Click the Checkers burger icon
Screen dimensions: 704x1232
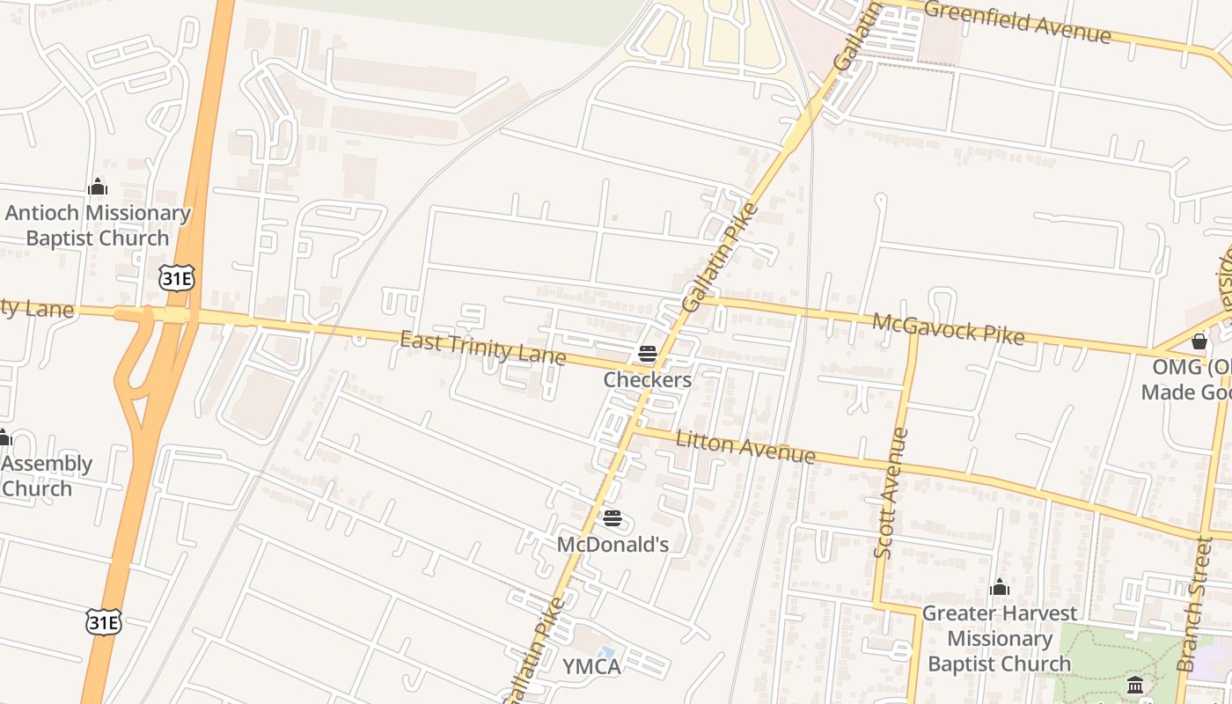648,354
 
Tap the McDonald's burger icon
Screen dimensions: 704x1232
612,519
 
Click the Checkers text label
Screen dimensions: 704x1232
648,380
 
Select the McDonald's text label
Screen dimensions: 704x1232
612,545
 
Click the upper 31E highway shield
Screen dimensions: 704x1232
177,279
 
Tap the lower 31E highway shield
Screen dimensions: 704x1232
103,622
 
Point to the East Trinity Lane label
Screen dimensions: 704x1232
482,348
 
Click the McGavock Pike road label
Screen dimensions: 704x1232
948,329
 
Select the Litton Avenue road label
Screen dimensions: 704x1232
745,447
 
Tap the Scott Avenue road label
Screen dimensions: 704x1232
891,492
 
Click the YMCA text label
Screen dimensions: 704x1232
591,666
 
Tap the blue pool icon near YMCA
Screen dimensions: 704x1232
605,653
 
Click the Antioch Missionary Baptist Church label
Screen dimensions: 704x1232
98,225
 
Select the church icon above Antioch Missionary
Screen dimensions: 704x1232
98,187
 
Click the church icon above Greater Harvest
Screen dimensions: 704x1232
999,587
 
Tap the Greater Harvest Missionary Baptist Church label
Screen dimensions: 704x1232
999,638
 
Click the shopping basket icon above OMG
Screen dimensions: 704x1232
1199,341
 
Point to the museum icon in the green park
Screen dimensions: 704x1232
1135,685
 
